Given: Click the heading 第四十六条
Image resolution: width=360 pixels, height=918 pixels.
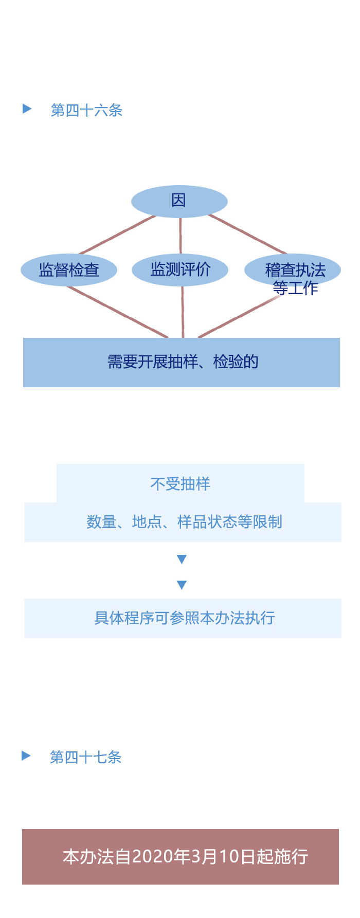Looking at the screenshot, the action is click(86, 110).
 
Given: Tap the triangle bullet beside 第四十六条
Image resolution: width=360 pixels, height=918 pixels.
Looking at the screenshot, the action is click(27, 109).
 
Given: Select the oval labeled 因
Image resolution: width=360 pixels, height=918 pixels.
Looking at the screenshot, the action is click(179, 201).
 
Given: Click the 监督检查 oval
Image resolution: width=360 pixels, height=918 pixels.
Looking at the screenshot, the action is click(69, 270).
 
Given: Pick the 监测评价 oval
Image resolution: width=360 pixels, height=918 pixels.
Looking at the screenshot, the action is click(180, 269).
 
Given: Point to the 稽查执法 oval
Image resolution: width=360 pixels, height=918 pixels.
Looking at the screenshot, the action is click(293, 269).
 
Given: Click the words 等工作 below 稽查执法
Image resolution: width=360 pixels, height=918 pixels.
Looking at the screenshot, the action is click(295, 288).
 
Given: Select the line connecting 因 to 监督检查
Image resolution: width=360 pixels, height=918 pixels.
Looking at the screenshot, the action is click(117, 235).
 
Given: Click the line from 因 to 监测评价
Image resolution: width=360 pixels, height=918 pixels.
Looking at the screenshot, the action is click(180, 236).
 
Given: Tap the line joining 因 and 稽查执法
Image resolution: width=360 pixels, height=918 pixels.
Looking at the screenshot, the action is click(247, 235).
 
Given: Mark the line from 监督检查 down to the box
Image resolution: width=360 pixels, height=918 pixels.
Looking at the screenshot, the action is click(117, 312).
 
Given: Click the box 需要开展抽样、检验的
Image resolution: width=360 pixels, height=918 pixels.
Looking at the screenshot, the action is click(182, 362).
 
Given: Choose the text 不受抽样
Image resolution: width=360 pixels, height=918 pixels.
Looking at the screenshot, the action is click(181, 484).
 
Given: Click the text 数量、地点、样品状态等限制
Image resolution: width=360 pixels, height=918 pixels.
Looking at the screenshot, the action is click(184, 522).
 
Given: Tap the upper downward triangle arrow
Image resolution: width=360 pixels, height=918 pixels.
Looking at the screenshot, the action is click(182, 559).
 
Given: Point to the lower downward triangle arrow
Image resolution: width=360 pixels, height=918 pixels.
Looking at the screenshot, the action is click(182, 585).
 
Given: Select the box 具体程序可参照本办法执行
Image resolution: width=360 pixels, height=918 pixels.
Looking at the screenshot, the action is click(183, 618).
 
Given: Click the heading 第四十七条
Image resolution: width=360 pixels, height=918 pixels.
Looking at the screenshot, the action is click(85, 757).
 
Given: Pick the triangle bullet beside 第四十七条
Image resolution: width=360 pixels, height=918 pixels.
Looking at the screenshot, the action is click(26, 755).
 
